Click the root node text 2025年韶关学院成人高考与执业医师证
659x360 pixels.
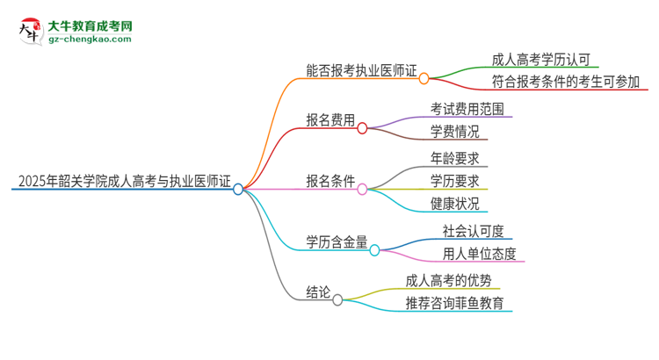pos(123,183)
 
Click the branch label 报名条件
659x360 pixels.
pos(330,182)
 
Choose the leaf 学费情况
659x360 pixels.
pos(454,133)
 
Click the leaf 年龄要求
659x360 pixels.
pos(454,160)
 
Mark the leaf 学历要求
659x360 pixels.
pos(454,183)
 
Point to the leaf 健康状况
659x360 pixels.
pos(454,205)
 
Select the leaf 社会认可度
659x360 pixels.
pos(473,232)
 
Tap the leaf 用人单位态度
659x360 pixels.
pos(479,255)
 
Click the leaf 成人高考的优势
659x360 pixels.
pos(454,282)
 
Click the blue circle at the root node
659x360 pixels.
pos(238,188)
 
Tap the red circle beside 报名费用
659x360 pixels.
pos(361,128)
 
